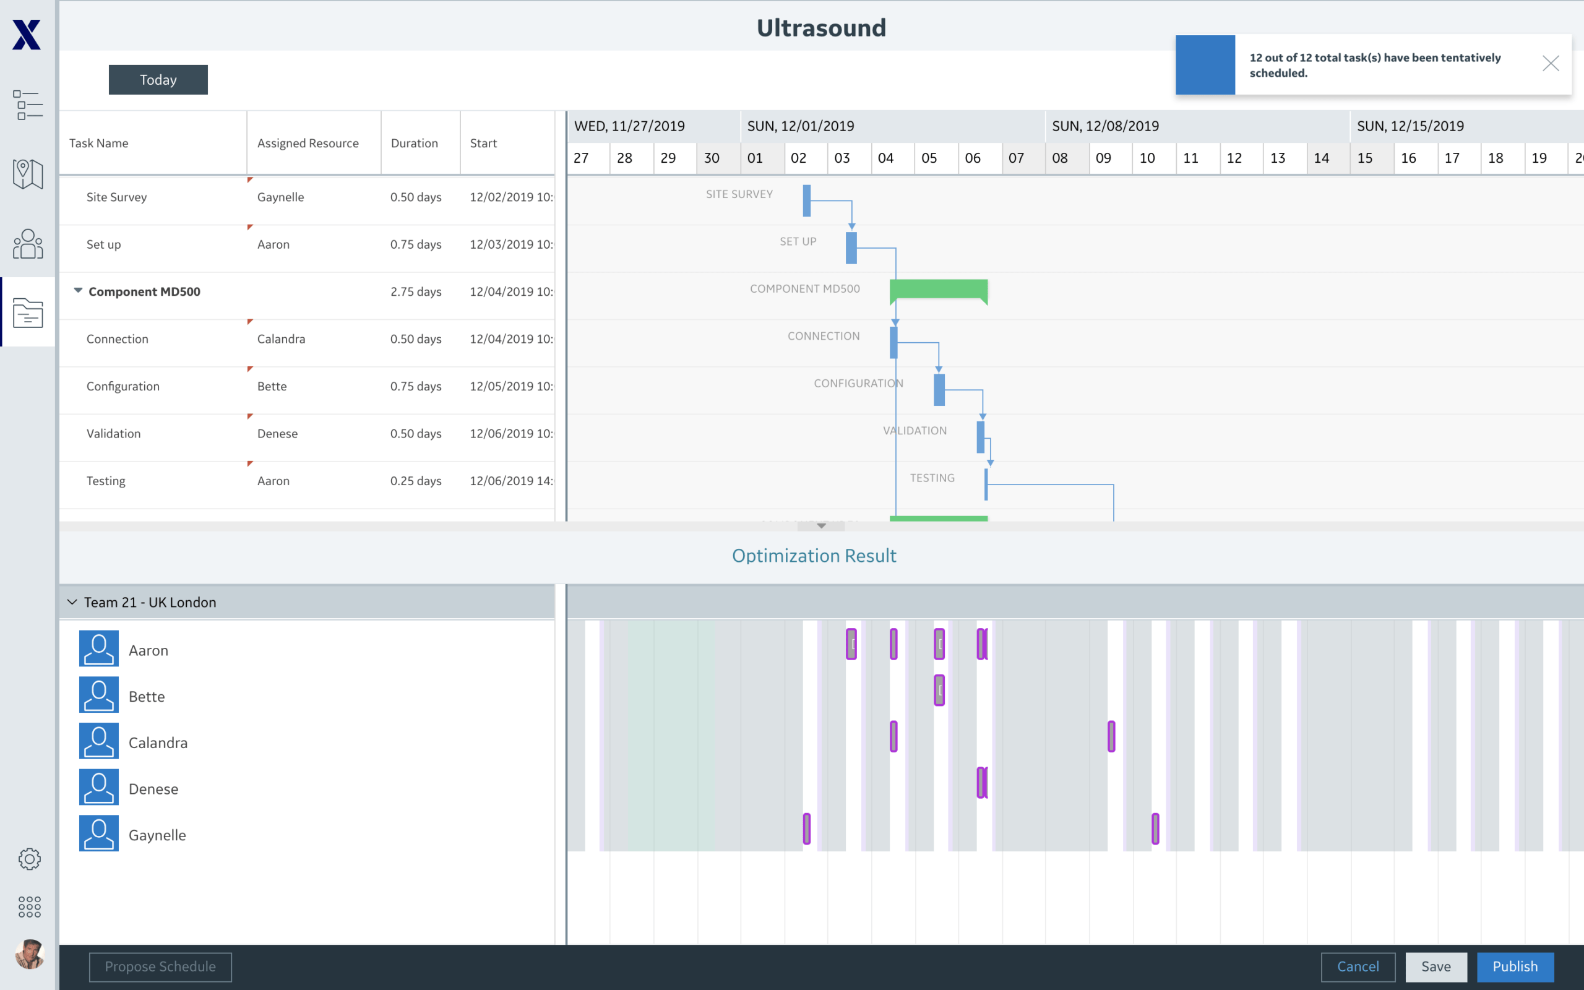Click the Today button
coord(158,80)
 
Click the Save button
coord(1435,966)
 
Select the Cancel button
coord(1358,966)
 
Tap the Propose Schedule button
coord(160,966)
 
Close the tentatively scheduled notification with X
coord(1550,64)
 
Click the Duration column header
coord(415,143)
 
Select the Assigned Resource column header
coord(308,143)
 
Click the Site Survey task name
coord(116,197)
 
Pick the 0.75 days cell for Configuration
coord(416,386)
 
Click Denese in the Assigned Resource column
coord(278,434)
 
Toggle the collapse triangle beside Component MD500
coord(78,290)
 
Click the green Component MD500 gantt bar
coord(938,290)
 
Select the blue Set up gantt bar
coord(851,248)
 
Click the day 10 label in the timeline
coord(1147,158)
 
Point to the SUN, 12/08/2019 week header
coord(1105,126)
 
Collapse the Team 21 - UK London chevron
coord(72,601)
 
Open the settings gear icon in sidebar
coord(29,858)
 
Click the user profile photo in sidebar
coord(29,954)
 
